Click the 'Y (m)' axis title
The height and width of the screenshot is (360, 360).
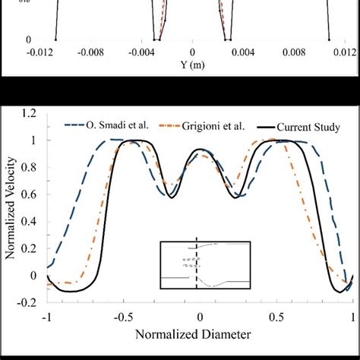191,66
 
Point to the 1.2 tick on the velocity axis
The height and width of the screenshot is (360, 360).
30,114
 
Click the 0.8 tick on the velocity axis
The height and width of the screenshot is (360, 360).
30,168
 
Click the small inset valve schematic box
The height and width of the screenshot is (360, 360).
205,265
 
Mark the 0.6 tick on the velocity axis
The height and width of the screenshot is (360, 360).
30,195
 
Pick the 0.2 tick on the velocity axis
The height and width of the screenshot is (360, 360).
30,249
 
